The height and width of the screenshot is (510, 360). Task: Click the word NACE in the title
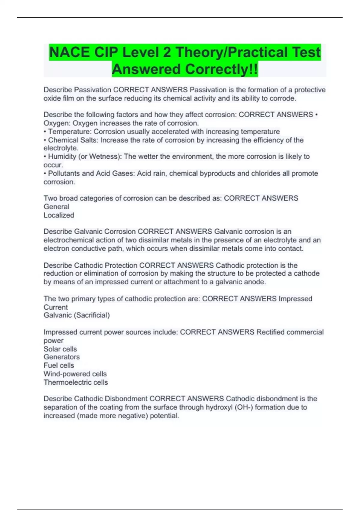[70, 52]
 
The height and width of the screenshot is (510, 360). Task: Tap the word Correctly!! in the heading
[221, 69]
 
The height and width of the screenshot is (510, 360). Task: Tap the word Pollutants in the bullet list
[64, 173]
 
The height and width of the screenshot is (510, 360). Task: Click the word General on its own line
[56, 207]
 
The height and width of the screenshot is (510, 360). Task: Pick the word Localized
[59, 215]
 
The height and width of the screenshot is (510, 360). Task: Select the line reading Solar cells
[60, 349]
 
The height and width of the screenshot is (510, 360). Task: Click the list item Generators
[62, 357]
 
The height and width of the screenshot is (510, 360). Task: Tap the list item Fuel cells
[59, 365]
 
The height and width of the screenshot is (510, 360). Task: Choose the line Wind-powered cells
[75, 374]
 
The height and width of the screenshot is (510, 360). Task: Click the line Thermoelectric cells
[76, 382]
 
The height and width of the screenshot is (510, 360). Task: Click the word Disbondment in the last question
[126, 399]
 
